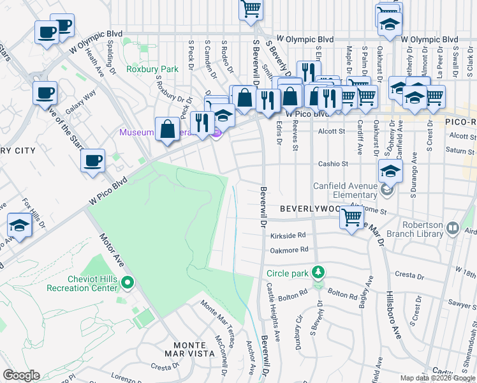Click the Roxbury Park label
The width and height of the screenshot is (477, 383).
coord(152,69)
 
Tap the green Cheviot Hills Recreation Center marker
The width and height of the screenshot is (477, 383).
coord(128,282)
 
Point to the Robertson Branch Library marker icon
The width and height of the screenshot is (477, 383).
coord(453,227)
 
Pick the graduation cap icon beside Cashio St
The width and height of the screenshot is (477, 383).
coord(390,170)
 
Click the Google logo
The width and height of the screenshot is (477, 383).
coord(21,375)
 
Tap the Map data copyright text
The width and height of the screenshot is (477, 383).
coord(437,378)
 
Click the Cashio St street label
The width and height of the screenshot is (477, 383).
coord(334,164)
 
